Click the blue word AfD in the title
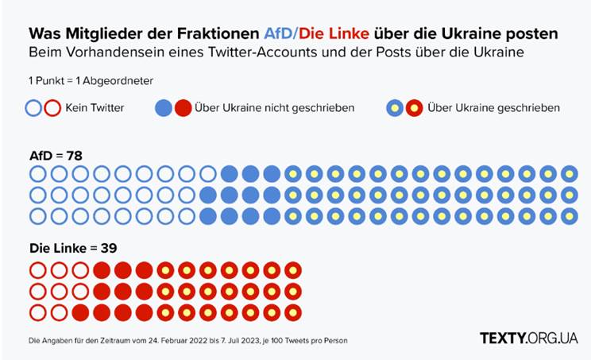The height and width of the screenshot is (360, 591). click(x=278, y=34)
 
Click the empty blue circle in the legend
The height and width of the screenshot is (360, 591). click(x=35, y=107)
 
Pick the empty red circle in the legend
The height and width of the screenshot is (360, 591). click(x=52, y=107)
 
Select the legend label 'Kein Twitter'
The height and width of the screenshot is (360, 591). click(x=95, y=107)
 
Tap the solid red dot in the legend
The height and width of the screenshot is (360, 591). click(x=183, y=107)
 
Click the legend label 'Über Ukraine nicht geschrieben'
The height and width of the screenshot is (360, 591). click(x=274, y=107)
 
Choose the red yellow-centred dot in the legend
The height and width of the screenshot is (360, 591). click(x=415, y=107)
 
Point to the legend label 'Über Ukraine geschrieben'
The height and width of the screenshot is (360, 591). click(x=492, y=107)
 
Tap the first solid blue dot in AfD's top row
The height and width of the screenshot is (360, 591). click(x=230, y=174)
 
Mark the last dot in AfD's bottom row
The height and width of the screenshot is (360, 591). click(x=570, y=215)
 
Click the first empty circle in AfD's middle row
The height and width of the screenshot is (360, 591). click(x=37, y=195)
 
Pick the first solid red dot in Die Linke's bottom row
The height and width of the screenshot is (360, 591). click(x=80, y=312)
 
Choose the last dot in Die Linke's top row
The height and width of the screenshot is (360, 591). click(x=293, y=270)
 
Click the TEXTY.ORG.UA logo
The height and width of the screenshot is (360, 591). click(x=528, y=338)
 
